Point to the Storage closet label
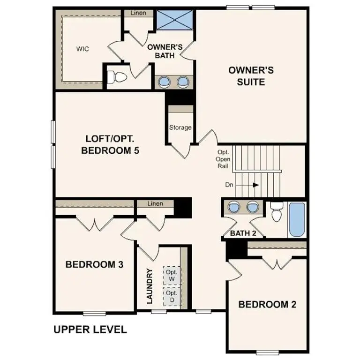[x=180, y=127]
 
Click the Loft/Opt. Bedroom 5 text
[x=112, y=145]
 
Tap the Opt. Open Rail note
[x=223, y=159]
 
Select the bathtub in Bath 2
[x=296, y=219]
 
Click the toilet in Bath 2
[x=277, y=213]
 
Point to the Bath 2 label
[x=243, y=233]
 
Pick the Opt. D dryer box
[x=171, y=296]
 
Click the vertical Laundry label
[x=150, y=286]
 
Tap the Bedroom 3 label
[x=94, y=264]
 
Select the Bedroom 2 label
[x=267, y=304]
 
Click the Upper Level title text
[x=90, y=330]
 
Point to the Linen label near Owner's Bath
[x=138, y=13]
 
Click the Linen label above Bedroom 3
[x=155, y=204]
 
